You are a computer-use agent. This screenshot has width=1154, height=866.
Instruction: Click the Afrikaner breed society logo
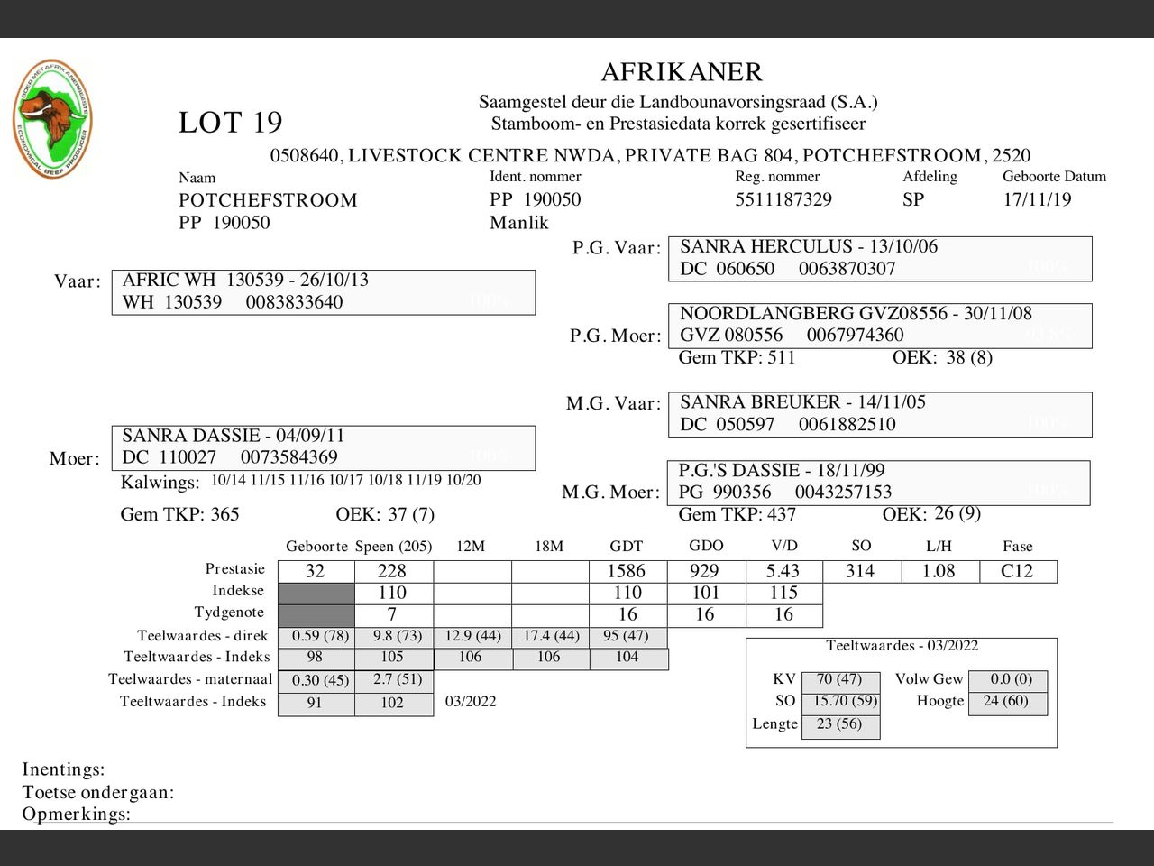coord(52,119)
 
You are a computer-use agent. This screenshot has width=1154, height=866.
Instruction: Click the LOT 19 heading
coord(230,123)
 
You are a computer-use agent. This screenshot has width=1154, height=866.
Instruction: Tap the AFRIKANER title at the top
coord(681,72)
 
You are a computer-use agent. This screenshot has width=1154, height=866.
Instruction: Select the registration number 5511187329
coord(783,199)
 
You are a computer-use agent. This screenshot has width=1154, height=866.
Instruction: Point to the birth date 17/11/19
coord(1037,199)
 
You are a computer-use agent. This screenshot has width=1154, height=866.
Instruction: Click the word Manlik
coord(518,223)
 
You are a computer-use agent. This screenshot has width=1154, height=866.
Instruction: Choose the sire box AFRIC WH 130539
coord(323,291)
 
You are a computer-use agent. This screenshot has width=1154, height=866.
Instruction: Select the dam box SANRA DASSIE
coord(323,447)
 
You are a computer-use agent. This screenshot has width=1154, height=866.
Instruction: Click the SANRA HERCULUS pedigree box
coord(879,258)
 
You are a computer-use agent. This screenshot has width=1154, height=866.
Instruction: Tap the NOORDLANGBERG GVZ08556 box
coord(879,325)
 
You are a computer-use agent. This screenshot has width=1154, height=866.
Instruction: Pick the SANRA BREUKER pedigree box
coord(879,414)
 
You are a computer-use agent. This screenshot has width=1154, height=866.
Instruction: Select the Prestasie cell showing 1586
coord(627,571)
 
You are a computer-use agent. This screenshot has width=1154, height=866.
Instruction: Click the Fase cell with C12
coord(1017,571)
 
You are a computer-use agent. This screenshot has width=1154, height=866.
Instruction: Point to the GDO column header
coord(705,546)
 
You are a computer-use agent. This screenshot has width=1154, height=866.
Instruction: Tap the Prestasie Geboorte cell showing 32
coord(315,571)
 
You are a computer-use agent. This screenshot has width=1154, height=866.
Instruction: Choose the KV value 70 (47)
coord(839,679)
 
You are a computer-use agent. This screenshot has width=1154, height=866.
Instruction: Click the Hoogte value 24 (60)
coord(1007,701)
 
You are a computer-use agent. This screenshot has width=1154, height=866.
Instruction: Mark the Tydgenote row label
coord(229,613)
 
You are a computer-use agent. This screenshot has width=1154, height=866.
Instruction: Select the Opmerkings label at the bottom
coord(76,814)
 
